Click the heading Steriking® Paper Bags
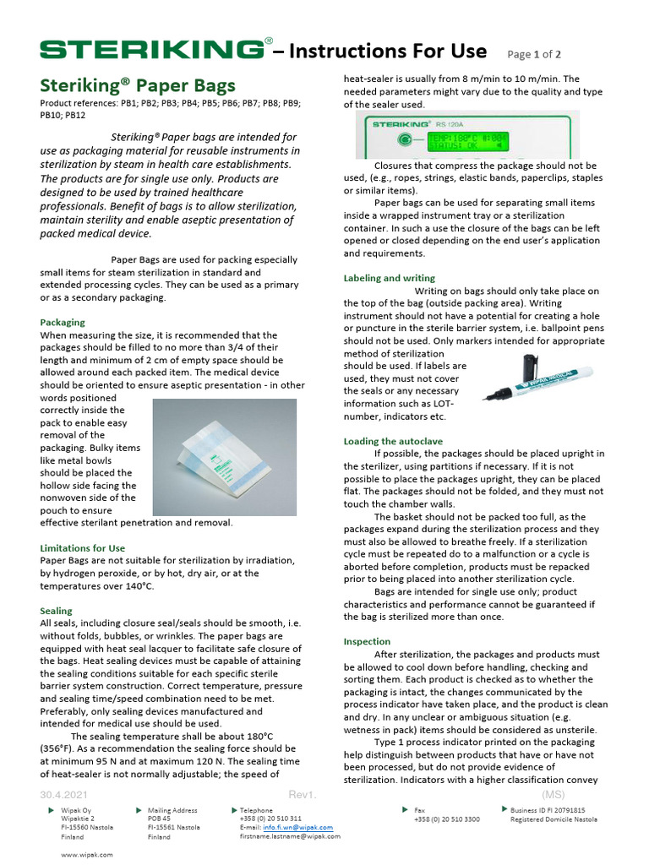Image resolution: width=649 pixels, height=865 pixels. (138, 85)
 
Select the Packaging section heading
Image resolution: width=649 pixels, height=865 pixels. (63, 322)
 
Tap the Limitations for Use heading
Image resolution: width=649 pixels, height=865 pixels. (82, 548)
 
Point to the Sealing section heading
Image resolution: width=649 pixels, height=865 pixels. (56, 611)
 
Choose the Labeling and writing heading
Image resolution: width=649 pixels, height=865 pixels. (389, 278)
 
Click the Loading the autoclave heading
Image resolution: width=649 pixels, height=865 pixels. (394, 441)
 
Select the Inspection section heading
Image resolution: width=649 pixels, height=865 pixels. (367, 641)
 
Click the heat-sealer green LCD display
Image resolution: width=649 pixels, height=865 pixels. (457, 140)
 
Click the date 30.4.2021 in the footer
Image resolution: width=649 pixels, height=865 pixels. (63, 795)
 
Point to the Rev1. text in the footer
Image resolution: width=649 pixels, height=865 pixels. (303, 795)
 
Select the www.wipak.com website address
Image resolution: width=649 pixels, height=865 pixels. (87, 855)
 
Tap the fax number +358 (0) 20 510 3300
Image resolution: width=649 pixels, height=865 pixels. (446, 819)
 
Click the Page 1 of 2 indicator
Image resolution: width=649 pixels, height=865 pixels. (540, 54)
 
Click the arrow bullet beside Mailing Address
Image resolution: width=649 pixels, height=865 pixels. (139, 810)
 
